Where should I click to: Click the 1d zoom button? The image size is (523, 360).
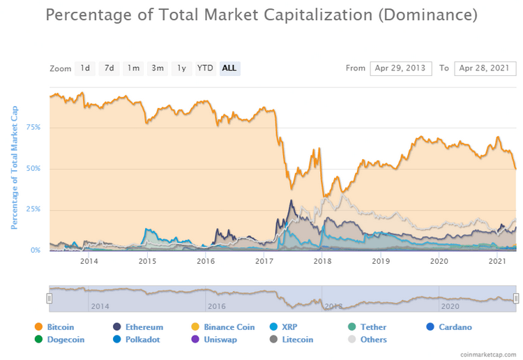[x=84, y=68]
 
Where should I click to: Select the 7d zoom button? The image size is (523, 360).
[x=109, y=68]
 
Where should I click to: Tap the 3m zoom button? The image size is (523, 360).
[x=158, y=68]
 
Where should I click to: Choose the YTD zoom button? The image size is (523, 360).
[x=204, y=68]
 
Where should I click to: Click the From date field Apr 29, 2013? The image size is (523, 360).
[x=400, y=68]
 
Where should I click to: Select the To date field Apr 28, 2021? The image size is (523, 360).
[x=485, y=68]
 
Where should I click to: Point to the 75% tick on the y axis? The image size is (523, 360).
[x=33, y=127]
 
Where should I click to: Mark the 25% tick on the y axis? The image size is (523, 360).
[x=33, y=209]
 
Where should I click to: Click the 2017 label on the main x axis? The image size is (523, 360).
[x=264, y=262]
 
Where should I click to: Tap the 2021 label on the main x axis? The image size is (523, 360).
[x=497, y=262]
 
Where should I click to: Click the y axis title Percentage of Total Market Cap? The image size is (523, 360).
[x=13, y=167]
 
